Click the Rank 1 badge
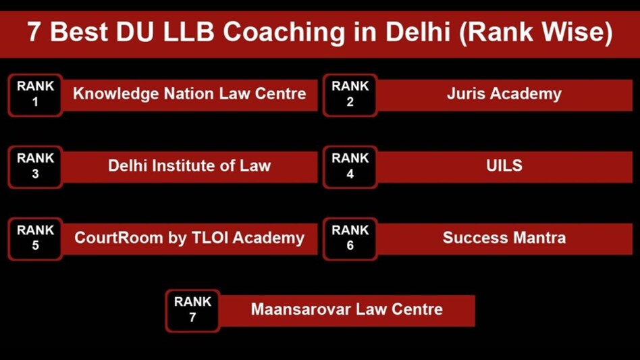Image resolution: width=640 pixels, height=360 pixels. point(35,95)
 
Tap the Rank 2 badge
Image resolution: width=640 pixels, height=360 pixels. point(350,95)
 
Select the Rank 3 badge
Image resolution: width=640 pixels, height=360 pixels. point(35,166)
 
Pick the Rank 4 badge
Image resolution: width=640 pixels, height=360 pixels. point(350,166)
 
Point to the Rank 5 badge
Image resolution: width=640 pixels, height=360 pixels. point(35,238)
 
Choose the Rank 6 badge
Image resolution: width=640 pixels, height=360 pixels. point(350,238)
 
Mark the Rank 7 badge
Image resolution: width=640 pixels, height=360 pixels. point(192,310)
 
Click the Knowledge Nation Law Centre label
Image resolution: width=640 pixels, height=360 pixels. point(189,94)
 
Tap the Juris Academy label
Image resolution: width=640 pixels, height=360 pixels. point(504,94)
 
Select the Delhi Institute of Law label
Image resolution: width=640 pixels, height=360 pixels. point(189,165)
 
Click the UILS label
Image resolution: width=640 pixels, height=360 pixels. point(504,165)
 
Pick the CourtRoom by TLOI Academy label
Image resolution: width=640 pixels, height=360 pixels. point(189,238)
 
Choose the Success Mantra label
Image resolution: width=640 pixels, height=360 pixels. point(504,238)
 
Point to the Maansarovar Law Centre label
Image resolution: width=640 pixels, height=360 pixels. point(346,309)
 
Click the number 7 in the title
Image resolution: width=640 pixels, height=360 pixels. point(34,32)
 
